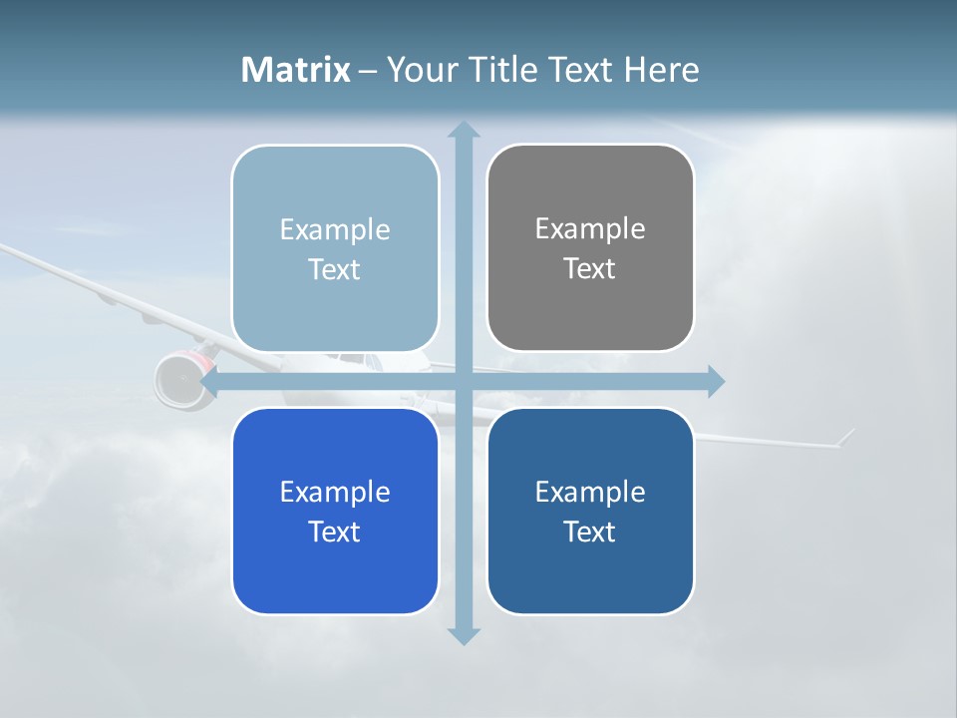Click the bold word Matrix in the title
296,70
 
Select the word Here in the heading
661,70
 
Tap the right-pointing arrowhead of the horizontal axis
715,381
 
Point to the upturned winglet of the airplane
844,437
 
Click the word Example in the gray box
590,228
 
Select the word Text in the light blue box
335,269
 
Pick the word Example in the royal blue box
335,492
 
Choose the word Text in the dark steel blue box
590,532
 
